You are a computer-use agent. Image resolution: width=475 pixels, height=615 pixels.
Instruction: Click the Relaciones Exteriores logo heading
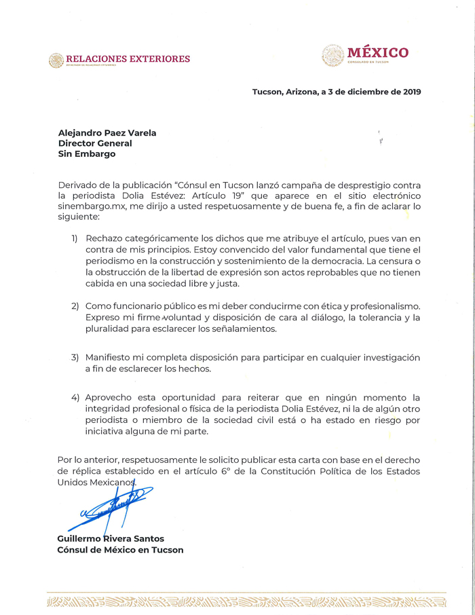(128, 59)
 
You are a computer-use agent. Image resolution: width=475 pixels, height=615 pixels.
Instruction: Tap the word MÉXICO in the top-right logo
(377, 53)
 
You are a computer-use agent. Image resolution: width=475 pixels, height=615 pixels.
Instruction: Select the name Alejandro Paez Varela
(107, 133)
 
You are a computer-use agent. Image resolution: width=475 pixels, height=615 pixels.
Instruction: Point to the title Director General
(95, 143)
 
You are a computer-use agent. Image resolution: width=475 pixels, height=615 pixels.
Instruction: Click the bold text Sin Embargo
(87, 154)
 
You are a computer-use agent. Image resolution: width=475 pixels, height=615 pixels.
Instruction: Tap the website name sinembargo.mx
(90, 206)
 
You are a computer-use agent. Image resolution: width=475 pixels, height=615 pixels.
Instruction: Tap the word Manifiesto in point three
(111, 357)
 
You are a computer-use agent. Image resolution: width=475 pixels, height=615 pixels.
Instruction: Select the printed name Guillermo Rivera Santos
(111, 539)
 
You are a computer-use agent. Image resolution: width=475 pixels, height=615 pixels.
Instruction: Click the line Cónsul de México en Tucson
(120, 550)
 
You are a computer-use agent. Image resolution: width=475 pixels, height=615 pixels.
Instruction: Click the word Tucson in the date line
(267, 92)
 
